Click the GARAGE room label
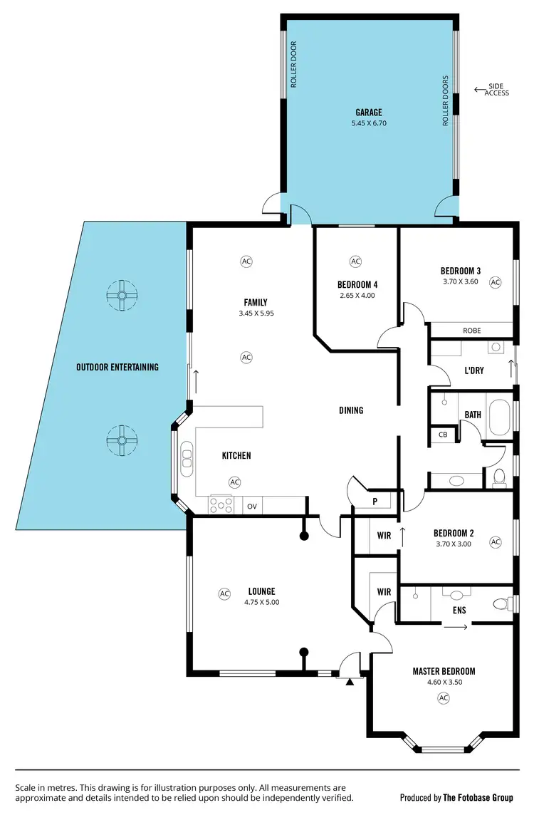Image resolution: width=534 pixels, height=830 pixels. point(369,113)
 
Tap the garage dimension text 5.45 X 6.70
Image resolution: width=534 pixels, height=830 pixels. point(369,123)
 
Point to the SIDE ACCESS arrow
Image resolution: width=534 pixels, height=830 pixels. point(478,90)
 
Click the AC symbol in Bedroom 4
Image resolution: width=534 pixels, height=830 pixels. point(356,261)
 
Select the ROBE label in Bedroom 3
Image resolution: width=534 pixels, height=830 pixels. point(472,331)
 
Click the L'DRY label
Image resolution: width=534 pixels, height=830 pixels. point(473,370)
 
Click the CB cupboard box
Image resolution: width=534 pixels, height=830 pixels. point(442,435)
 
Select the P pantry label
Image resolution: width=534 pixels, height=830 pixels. point(375,502)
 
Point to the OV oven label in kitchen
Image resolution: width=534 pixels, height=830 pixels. point(252,507)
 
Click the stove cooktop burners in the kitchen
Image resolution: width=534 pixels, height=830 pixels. point(220,505)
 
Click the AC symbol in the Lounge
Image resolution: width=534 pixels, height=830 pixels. point(224,593)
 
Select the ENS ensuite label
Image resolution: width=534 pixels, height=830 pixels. point(459,611)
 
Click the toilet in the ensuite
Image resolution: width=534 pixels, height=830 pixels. point(501,604)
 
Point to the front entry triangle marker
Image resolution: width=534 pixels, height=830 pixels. point(350,683)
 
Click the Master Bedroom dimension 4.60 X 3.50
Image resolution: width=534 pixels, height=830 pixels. point(444,682)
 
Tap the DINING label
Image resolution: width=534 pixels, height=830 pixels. point(351,410)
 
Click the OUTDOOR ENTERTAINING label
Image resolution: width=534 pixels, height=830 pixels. point(117,368)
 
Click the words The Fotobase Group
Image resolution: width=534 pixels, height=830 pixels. point(478,798)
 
